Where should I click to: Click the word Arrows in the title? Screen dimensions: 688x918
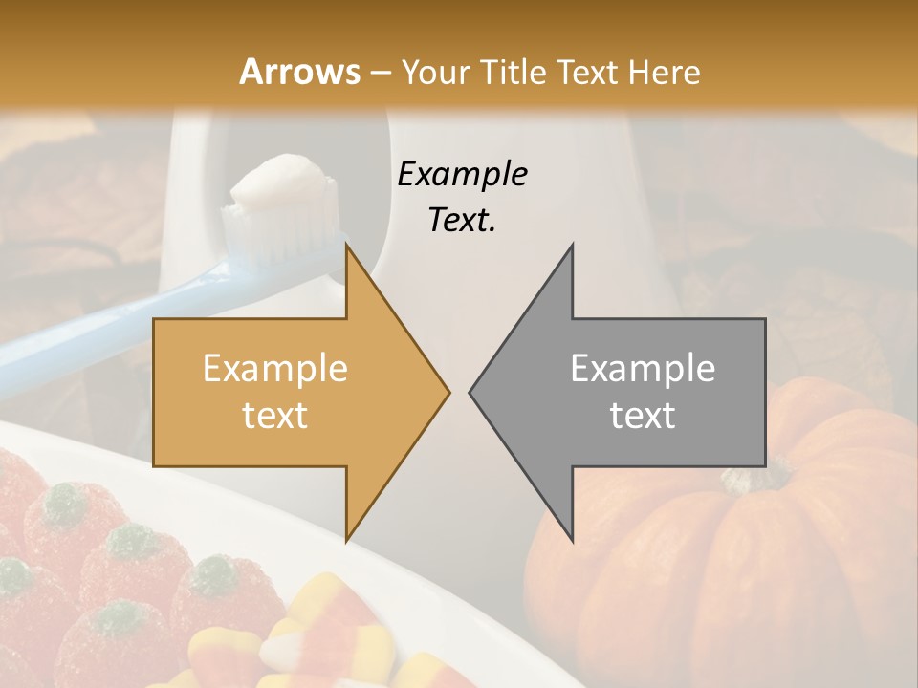click(299, 72)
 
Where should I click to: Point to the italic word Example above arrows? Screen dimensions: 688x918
click(462, 174)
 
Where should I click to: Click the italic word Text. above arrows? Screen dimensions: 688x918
click(462, 220)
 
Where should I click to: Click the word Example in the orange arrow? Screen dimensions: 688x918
click(275, 369)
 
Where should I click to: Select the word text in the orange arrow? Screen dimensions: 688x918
click(275, 415)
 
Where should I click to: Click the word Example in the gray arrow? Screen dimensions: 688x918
click(643, 369)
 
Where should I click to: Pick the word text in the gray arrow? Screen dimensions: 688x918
click(643, 415)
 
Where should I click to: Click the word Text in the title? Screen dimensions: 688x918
click(586, 72)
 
